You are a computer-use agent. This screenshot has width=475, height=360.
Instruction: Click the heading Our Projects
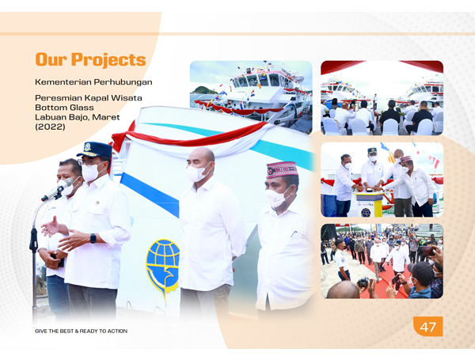[90, 59]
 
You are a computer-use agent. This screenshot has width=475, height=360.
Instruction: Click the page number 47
[427, 327]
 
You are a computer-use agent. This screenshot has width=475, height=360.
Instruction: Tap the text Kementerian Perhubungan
[93, 82]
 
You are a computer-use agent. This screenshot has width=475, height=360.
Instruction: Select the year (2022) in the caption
[50, 127]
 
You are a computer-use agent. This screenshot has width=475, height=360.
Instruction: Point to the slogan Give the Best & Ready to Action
[82, 332]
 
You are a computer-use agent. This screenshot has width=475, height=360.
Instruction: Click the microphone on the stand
[58, 190]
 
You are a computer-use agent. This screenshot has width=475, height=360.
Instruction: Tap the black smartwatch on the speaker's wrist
[93, 238]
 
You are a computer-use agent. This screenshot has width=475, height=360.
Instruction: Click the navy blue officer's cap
[95, 150]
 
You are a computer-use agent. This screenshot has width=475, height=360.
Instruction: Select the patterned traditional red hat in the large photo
[282, 169]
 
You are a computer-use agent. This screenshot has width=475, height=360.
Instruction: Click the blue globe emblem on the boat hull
[163, 267]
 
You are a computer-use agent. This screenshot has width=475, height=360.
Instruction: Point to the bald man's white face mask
[196, 173]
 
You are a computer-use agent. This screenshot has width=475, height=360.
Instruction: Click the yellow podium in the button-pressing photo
[370, 204]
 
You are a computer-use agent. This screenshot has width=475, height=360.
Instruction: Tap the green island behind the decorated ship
[203, 90]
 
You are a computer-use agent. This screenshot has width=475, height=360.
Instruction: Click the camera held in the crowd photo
[363, 282]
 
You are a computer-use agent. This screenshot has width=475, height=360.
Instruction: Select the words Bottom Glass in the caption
[64, 108]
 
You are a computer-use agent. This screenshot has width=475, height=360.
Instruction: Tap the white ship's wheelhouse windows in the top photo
[260, 80]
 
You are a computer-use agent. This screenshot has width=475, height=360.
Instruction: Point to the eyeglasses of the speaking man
[88, 162]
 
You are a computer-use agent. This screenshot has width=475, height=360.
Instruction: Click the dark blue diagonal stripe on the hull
[150, 194]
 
